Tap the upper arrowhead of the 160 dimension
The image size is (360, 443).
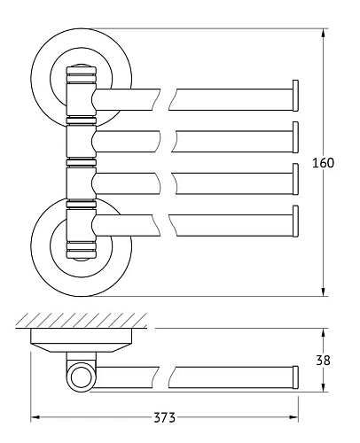tap(324, 31)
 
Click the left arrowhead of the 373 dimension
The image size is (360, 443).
tap(35, 415)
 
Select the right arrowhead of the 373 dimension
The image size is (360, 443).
tap(295, 415)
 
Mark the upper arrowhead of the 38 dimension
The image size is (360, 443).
tap(324, 332)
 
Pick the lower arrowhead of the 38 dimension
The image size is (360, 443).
tap(324, 390)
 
